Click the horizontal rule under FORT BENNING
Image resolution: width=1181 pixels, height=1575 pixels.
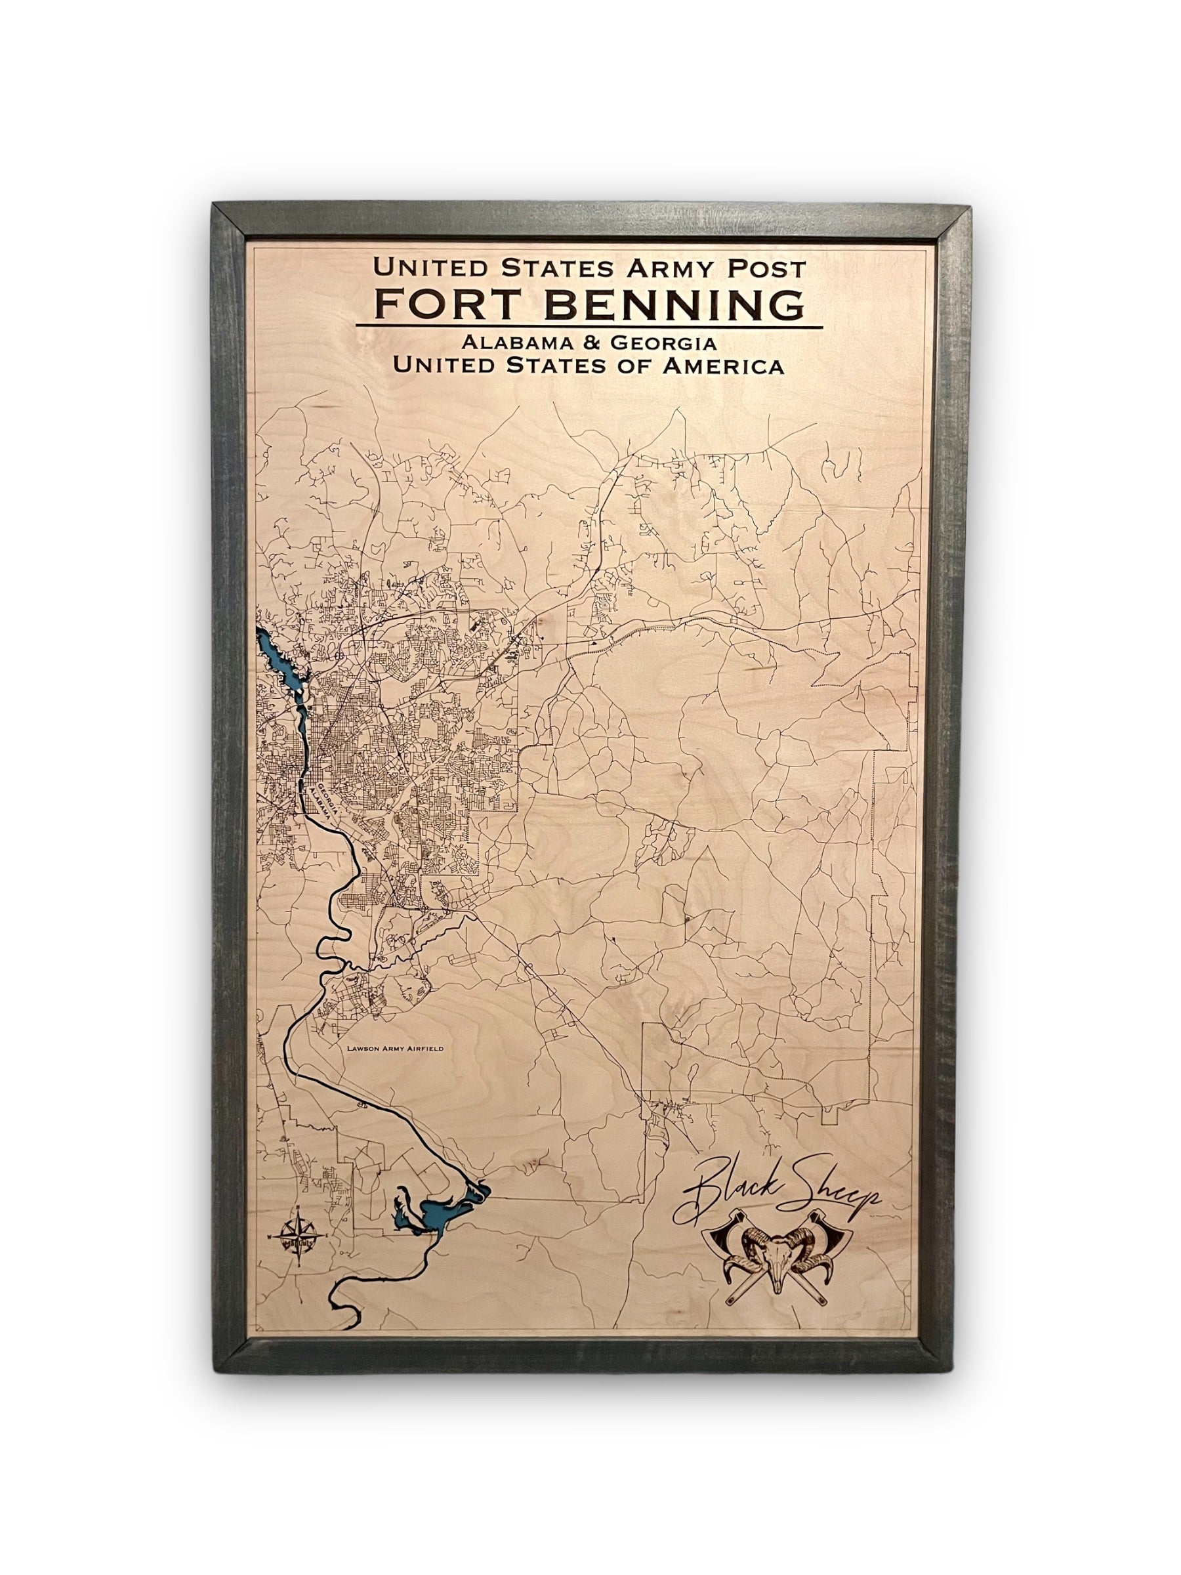(x=588, y=327)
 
